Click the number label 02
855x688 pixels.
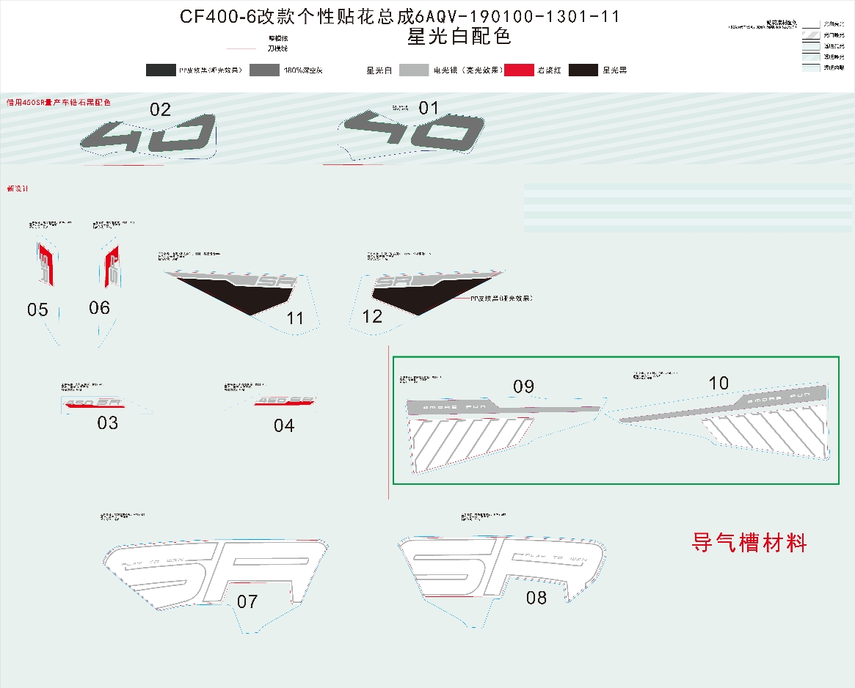tap(160, 110)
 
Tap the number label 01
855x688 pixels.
tap(429, 109)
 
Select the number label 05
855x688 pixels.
tap(37, 310)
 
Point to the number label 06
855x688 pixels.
tap(99, 308)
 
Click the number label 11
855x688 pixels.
tap(295, 318)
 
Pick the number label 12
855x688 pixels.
tap(372, 317)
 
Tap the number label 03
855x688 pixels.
tap(107, 423)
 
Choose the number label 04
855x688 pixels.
tap(283, 425)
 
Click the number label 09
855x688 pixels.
tap(523, 387)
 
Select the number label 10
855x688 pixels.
tap(718, 383)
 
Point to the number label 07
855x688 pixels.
tap(247, 602)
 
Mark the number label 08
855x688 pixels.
tap(536, 599)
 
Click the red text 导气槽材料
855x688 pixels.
tap(749, 544)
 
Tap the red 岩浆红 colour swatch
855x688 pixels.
tap(519, 70)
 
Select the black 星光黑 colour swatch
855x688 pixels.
tap(583, 70)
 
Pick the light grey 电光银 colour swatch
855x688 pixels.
tap(413, 70)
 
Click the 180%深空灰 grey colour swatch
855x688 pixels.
tap(264, 70)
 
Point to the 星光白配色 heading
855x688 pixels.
tap(459, 36)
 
